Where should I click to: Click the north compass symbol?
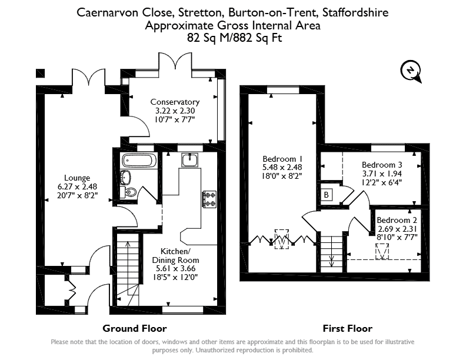pyautogui.click(x=411, y=71)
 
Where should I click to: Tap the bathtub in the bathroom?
pyautogui.click(x=139, y=161)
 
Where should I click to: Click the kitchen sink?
pyautogui.click(x=189, y=161)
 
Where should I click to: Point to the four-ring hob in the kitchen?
pyautogui.click(x=209, y=199)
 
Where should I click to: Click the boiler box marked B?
pyautogui.click(x=327, y=195)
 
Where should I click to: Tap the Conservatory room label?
pyautogui.click(x=175, y=102)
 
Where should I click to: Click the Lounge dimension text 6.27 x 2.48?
pyautogui.click(x=77, y=186)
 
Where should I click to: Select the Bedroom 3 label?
pyautogui.click(x=382, y=165)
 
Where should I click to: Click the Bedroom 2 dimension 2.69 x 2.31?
pyautogui.click(x=397, y=229)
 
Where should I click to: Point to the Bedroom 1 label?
pyautogui.click(x=282, y=159)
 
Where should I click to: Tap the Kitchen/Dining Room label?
pyautogui.click(x=175, y=256)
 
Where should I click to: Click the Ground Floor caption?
pyautogui.click(x=135, y=328)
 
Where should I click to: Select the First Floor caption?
pyautogui.click(x=347, y=328)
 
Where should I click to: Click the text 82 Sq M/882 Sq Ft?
pyautogui.click(x=235, y=38)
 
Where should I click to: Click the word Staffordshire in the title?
pyautogui.click(x=355, y=12)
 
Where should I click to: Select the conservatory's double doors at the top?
pyautogui.click(x=175, y=61)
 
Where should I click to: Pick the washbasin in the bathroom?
pyautogui.click(x=126, y=177)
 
